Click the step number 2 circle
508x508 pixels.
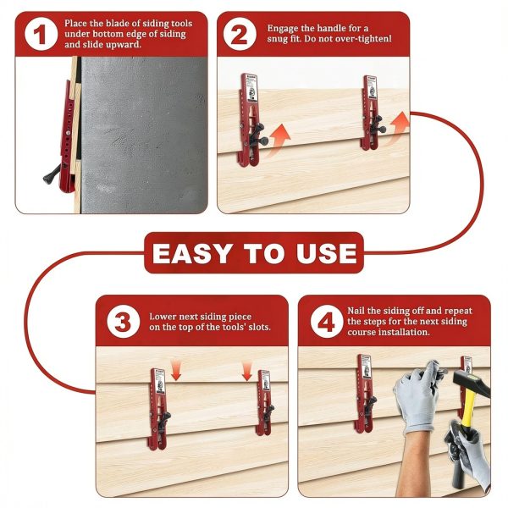240,35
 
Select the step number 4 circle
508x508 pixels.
322,321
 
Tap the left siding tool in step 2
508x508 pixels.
251,119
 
